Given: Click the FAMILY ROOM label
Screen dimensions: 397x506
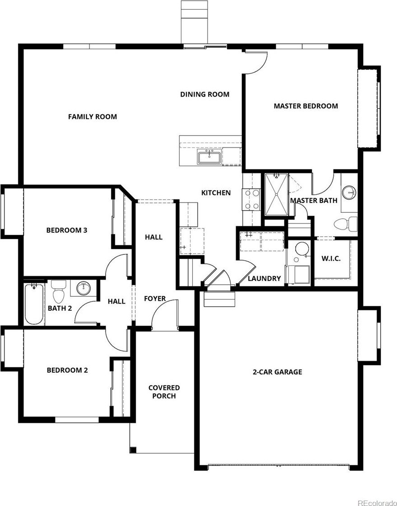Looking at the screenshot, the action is pos(92,117).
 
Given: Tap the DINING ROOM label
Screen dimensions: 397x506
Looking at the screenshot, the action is pos(205,94).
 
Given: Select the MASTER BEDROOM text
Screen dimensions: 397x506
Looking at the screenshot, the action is pos(306,106).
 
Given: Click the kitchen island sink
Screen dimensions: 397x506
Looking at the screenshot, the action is pos(210,158).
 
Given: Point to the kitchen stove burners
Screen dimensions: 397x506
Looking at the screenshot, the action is pos(252,199).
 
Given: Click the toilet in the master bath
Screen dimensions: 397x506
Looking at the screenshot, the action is pos(345,224).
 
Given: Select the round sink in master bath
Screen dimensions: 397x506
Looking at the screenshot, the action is pos(349,192).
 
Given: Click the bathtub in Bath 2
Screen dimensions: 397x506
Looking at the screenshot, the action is pos(34,304).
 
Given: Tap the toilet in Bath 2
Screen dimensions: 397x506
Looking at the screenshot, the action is pos(59,291).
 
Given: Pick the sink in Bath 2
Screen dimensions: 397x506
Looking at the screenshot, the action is pos(83,288).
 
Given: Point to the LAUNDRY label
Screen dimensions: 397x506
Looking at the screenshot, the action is pos(264,278).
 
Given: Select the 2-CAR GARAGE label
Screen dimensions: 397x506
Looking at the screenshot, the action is pos(277,372).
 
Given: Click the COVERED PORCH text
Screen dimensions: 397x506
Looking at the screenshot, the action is pos(164,392).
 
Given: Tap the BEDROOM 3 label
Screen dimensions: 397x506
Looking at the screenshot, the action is pos(67,230).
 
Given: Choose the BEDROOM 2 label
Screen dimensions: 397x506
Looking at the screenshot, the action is pos(67,370).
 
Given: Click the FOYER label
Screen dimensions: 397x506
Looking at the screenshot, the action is pos(155,299).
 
